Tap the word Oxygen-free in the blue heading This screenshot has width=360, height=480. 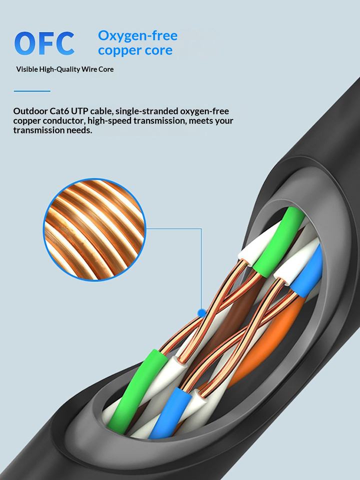(x=137, y=36)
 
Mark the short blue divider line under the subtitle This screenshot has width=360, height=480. (x=32, y=91)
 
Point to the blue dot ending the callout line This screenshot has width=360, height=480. (x=201, y=313)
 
